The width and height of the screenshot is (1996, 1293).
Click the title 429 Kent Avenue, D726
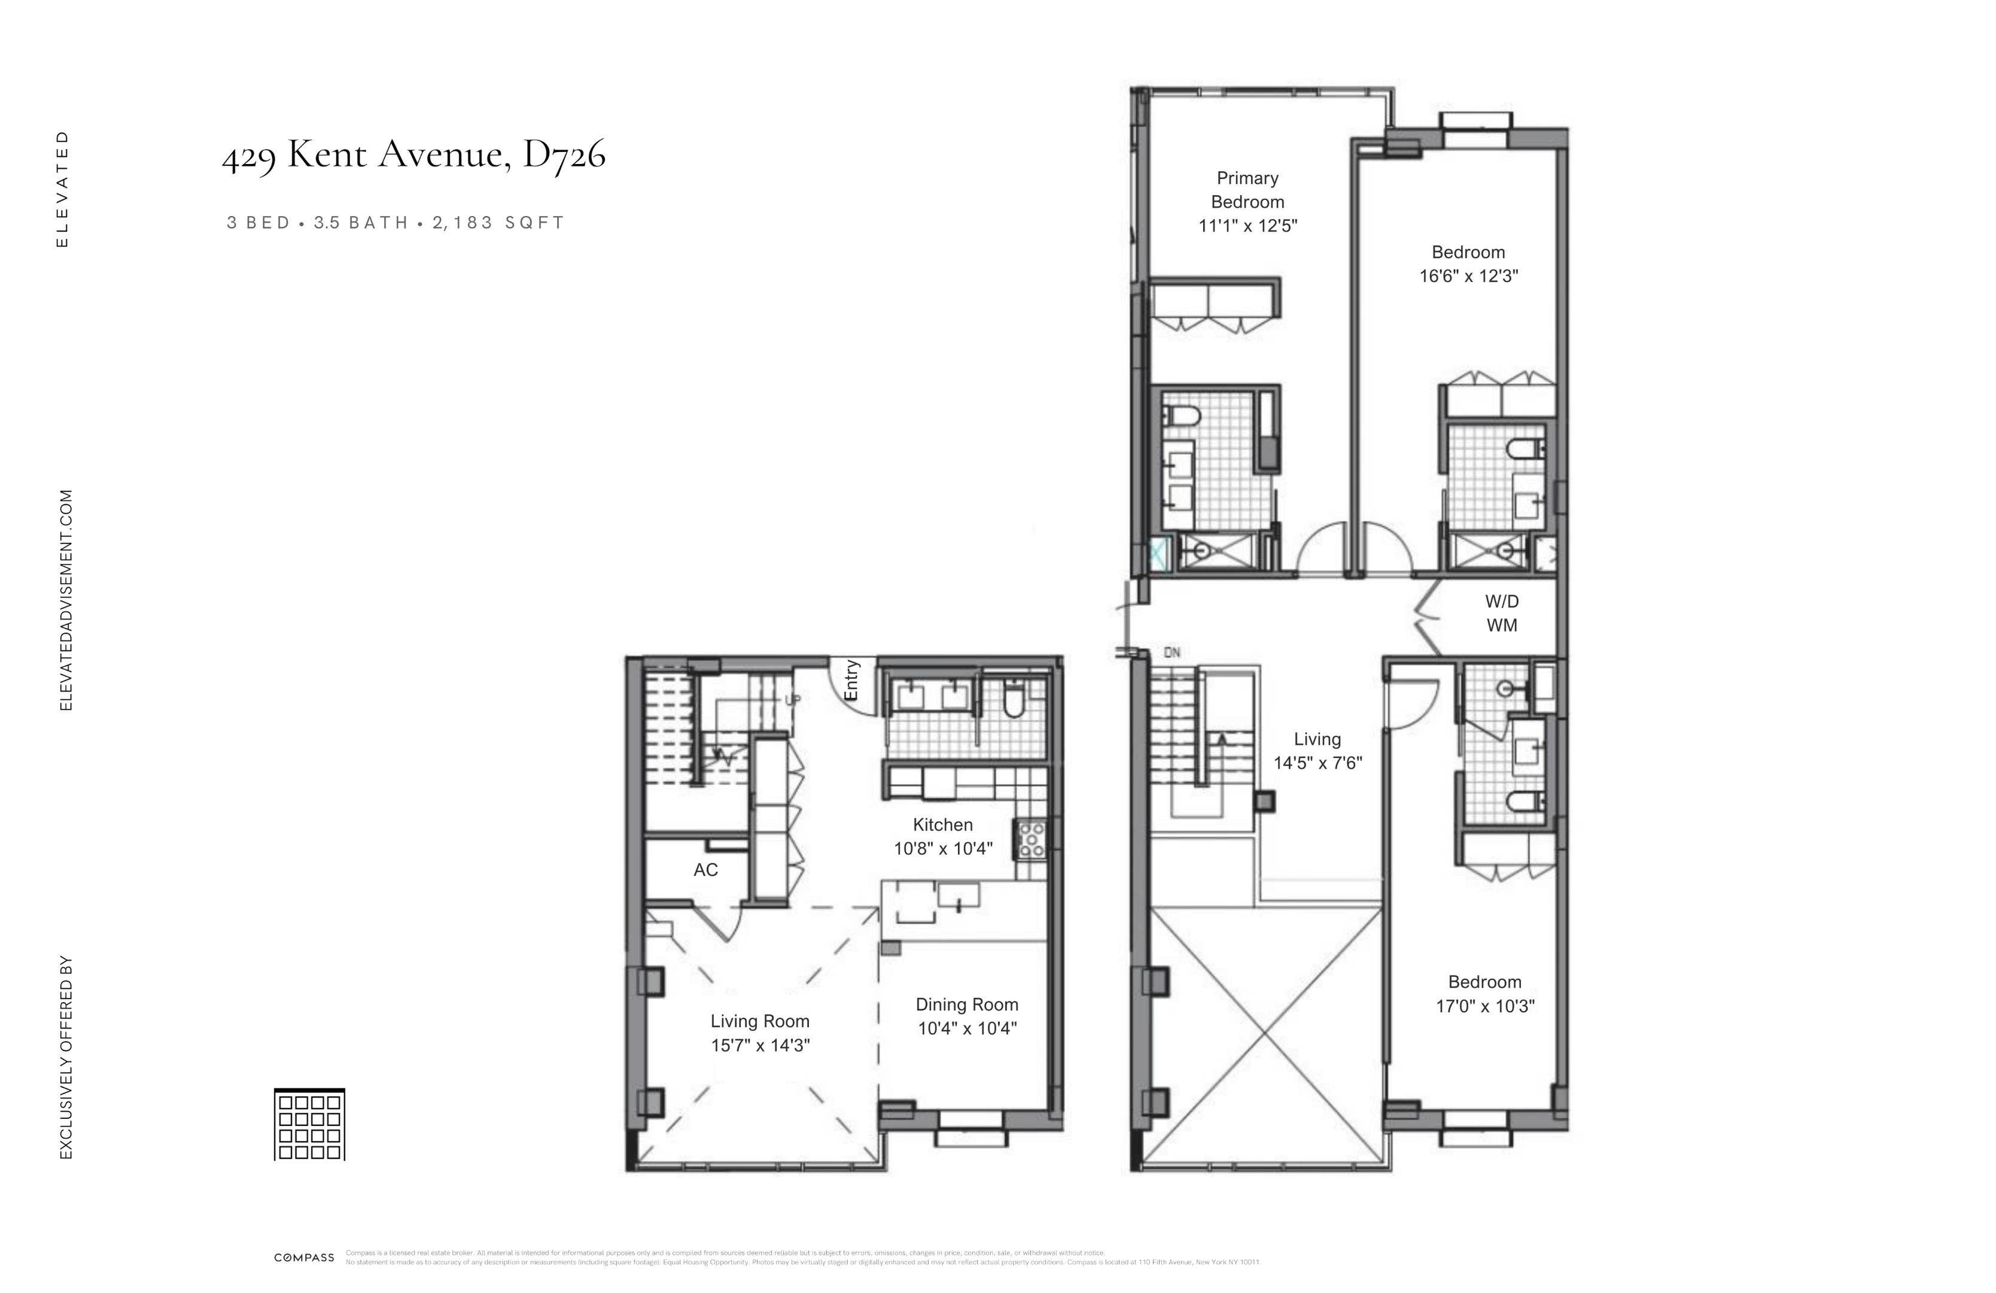[413, 154]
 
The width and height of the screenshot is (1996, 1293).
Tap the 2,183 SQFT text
[499, 223]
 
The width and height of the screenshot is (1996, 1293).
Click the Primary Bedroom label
[1247, 190]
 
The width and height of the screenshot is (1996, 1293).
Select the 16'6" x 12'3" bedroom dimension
[1468, 276]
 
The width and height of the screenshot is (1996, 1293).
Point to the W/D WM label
[1501, 614]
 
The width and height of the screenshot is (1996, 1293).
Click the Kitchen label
[942, 825]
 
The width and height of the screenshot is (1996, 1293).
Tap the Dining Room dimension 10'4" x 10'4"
[967, 1028]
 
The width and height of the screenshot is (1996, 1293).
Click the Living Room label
[760, 1021]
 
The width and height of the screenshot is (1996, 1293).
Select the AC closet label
[705, 870]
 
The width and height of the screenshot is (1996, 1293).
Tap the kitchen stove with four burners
[1032, 840]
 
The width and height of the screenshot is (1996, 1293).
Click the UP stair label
[791, 699]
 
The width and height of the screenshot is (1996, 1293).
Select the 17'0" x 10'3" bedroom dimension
[1485, 1006]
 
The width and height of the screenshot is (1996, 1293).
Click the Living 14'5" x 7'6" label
[1318, 751]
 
